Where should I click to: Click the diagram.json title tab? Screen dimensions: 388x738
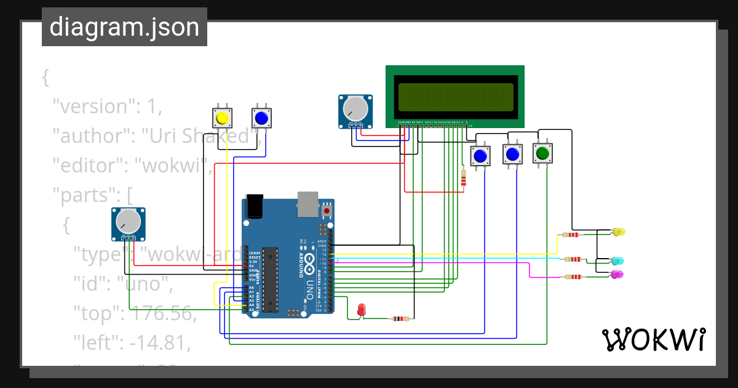click(124, 28)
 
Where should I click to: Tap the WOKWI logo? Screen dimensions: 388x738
click(653, 339)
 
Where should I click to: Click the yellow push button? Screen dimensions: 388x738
click(223, 118)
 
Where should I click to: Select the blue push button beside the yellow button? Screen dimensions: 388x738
click(261, 118)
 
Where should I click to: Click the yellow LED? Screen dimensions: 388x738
click(619, 232)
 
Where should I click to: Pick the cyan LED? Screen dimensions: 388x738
click(617, 262)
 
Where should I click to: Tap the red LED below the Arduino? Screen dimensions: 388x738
click(362, 310)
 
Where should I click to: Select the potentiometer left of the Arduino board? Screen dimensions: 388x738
click(129, 223)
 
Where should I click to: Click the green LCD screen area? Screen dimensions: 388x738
click(455, 97)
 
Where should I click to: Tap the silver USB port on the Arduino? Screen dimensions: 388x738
click(308, 204)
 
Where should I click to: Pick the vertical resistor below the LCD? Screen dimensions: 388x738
click(463, 178)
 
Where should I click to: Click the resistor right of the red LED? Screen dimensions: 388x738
click(400, 318)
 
